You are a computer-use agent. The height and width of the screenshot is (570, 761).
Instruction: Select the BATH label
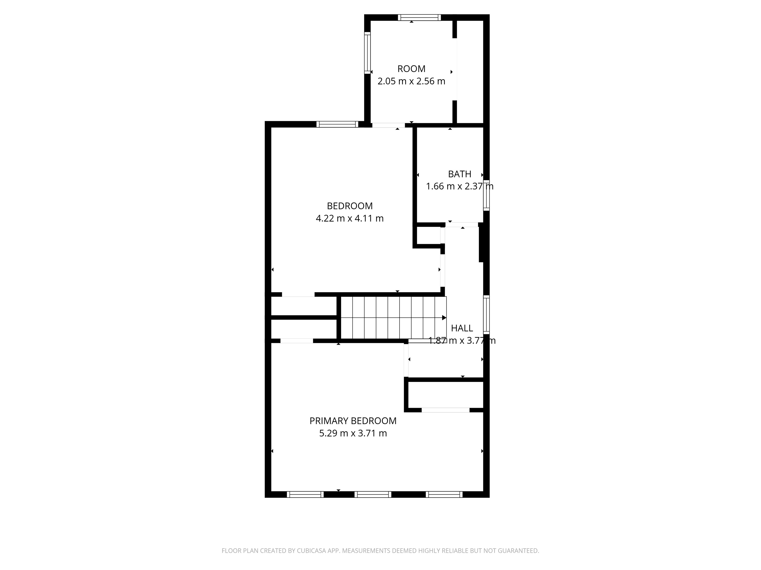point(459,174)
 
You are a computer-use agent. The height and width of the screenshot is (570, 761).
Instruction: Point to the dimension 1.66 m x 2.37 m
point(459,187)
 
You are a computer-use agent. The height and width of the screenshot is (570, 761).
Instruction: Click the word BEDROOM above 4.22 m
point(349,206)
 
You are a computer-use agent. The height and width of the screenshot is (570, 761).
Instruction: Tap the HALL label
point(462,328)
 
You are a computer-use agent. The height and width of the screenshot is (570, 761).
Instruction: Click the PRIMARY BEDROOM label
point(353,421)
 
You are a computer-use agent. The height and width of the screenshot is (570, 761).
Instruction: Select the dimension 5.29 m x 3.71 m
point(353,434)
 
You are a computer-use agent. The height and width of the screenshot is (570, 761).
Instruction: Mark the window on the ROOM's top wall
point(419,17)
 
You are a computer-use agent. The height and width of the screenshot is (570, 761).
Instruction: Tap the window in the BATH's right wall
point(486,195)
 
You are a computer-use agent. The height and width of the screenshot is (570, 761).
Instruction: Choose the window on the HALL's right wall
point(486,314)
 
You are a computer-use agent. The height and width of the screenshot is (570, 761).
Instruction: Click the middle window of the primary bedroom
point(373,495)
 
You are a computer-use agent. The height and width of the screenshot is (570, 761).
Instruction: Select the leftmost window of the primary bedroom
point(305,495)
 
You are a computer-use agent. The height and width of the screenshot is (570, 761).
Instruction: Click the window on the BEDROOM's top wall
point(337,124)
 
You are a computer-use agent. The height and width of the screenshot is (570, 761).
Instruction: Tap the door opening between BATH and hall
point(462,225)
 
